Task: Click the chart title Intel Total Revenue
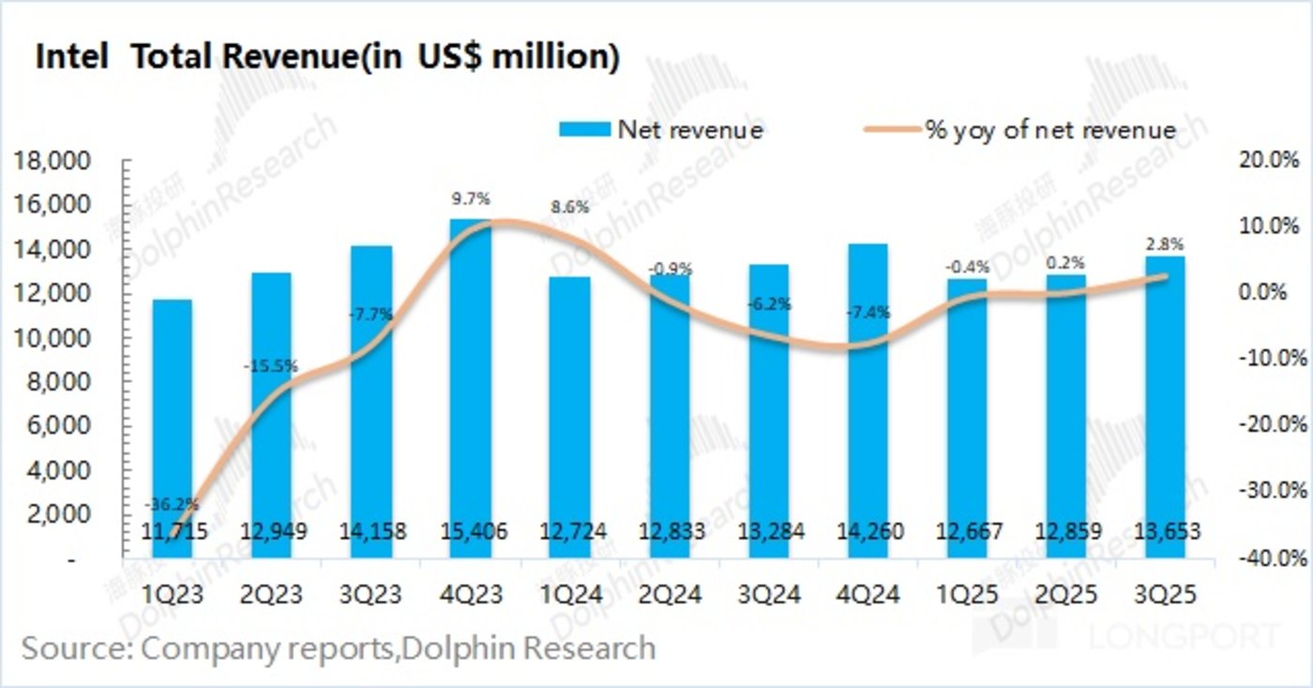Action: (x=326, y=57)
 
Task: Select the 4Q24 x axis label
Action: (x=868, y=595)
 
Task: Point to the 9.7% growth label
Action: (x=470, y=199)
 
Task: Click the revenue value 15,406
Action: (x=470, y=533)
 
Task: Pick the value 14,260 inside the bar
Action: (x=868, y=533)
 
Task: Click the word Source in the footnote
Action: (x=78, y=649)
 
